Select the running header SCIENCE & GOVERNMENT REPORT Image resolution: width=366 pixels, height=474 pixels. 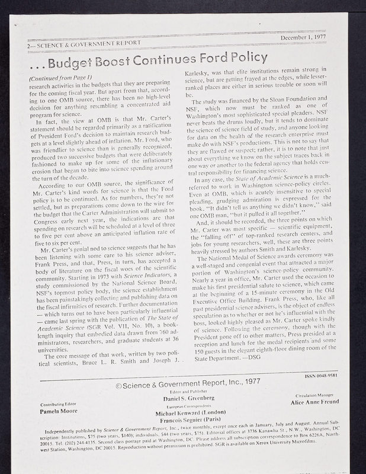[82, 44]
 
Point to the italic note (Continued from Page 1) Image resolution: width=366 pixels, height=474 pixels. [59, 78]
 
